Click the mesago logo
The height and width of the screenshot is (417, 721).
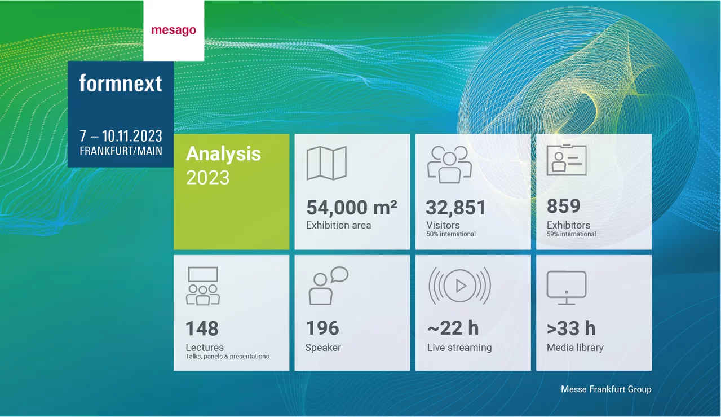pos(174,30)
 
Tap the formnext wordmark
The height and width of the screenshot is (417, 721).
pos(121,84)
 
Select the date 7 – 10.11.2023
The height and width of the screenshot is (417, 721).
pos(121,136)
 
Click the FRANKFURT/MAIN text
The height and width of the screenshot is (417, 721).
pos(121,151)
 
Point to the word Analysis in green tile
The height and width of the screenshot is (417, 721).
pos(223,154)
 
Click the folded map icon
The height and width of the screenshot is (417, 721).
pos(326,164)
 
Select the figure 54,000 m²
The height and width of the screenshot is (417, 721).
pos(352,208)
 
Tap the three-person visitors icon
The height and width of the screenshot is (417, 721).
pos(449,164)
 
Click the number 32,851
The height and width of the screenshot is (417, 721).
pos(455,208)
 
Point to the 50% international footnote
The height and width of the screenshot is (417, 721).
pos(451,234)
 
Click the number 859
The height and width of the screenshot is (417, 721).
pos(563,207)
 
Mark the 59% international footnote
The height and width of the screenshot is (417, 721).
pos(571,234)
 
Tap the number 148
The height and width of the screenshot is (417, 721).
pos(202,328)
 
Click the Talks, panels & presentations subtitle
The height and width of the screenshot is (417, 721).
pos(227,357)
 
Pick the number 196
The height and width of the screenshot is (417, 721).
pos(322,328)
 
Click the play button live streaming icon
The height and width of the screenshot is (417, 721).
pos(459,286)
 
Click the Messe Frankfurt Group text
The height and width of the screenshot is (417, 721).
pos(606,389)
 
